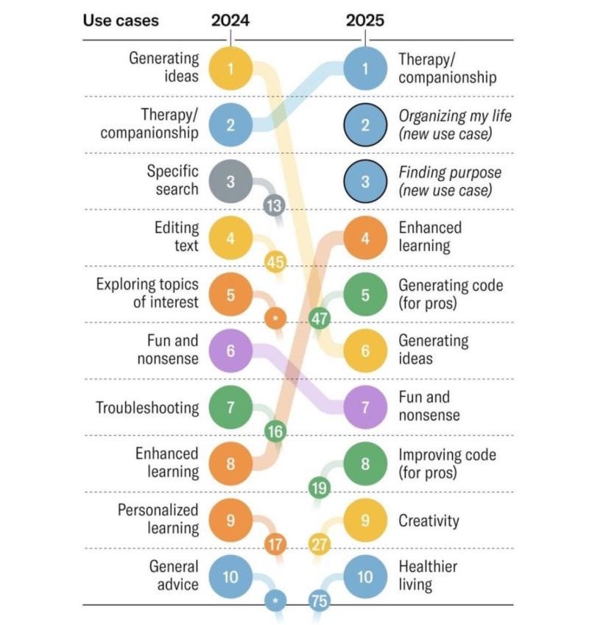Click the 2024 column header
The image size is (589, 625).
(x=230, y=21)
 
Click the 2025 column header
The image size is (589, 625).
(x=365, y=21)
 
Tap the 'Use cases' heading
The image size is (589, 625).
(x=121, y=21)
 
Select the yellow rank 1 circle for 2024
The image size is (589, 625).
(x=230, y=68)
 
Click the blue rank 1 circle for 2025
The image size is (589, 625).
(x=365, y=68)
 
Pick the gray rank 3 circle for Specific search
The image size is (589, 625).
(x=230, y=181)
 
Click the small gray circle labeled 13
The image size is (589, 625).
(x=274, y=205)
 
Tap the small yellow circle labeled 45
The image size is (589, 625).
(x=275, y=262)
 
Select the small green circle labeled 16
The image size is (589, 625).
(x=275, y=431)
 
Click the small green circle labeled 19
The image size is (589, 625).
(x=320, y=487)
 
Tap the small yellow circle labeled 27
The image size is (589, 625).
(x=320, y=545)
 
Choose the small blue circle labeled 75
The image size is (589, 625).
(x=320, y=601)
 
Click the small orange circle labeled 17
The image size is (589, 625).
(x=275, y=545)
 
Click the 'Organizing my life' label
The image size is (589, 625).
(x=454, y=124)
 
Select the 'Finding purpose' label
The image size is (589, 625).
(x=450, y=181)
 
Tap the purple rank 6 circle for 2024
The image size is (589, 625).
(x=230, y=350)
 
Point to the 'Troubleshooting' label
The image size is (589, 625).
(x=147, y=407)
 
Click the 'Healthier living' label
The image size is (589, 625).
(x=428, y=576)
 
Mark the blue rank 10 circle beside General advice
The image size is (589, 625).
(x=230, y=576)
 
